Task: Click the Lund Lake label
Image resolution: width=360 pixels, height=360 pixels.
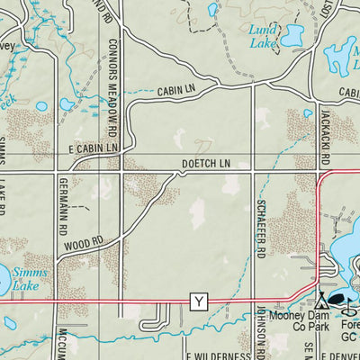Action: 263,35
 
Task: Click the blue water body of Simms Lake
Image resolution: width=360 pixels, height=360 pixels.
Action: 11,278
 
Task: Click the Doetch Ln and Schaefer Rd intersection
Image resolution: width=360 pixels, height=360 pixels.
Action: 253,170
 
